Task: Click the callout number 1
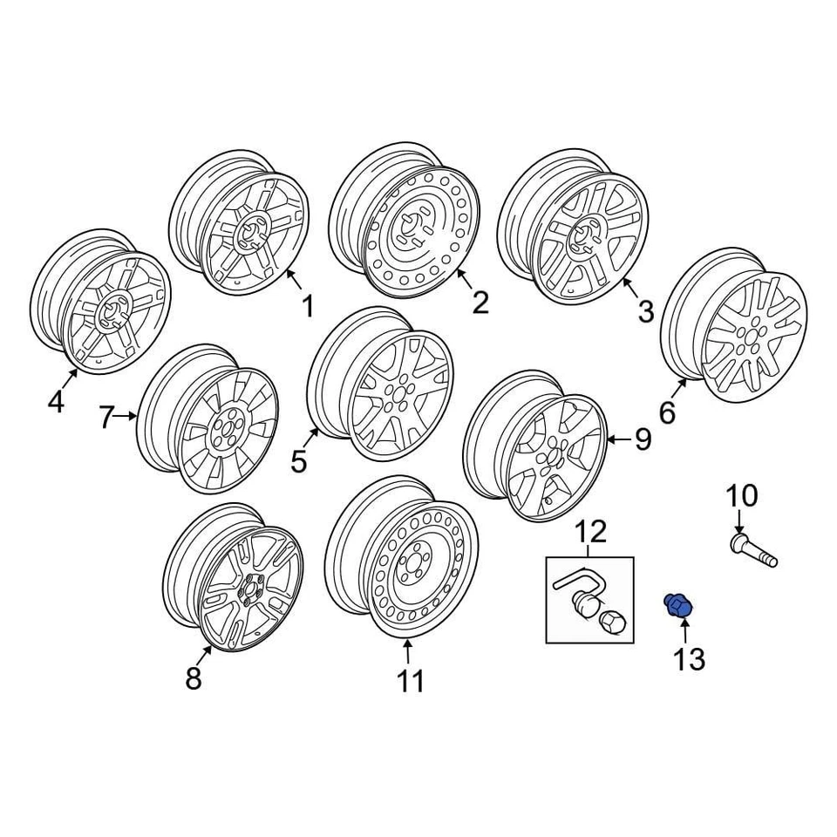click(x=307, y=307)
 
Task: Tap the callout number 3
click(x=645, y=311)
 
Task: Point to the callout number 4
click(x=56, y=403)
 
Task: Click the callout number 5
click(x=299, y=461)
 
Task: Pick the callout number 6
click(x=667, y=412)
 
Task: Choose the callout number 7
click(x=106, y=418)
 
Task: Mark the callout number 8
click(x=194, y=677)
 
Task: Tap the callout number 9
click(x=643, y=439)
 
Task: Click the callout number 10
click(x=742, y=496)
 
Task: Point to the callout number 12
click(x=589, y=529)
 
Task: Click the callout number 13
click(x=689, y=659)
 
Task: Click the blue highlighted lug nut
click(x=677, y=605)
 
